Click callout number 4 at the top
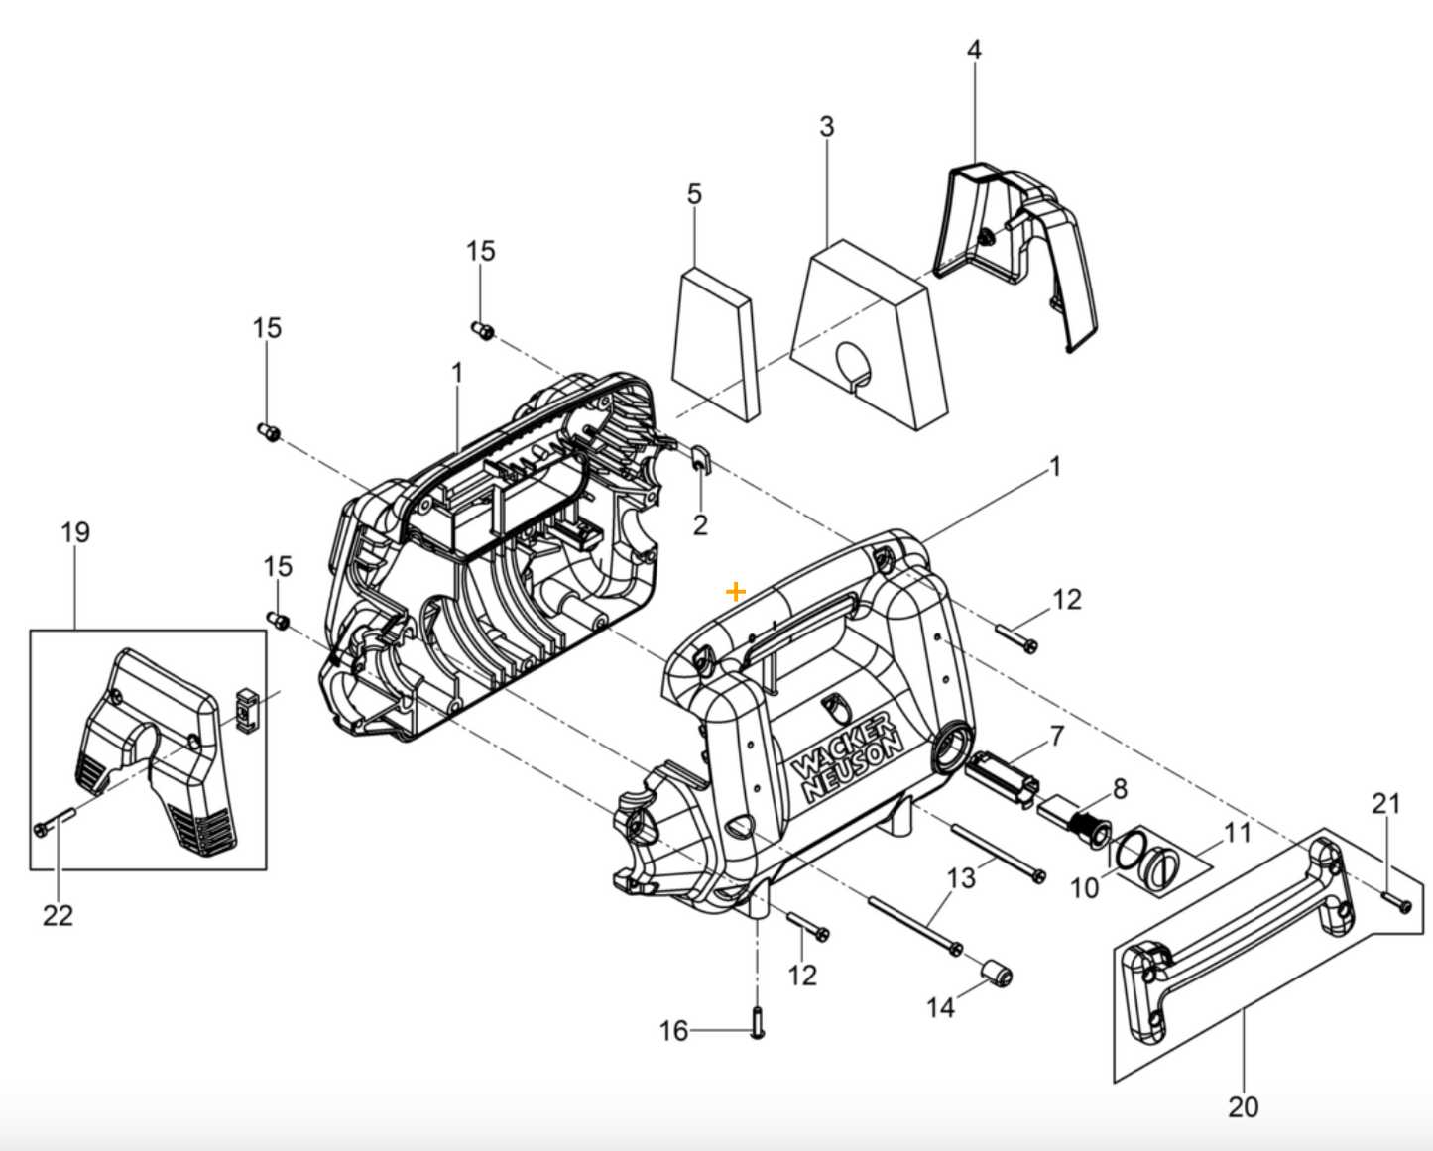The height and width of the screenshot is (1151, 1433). (974, 50)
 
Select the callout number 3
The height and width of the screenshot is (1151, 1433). (826, 127)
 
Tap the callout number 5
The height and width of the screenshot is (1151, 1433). (694, 194)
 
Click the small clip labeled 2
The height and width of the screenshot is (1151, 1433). (699, 460)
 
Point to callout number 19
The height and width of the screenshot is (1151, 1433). (75, 532)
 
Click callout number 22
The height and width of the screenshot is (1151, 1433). (58, 915)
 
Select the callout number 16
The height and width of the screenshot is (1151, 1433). (673, 1031)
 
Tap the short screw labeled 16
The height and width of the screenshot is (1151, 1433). (758, 1021)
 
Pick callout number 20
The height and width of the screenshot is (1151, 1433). (1243, 1106)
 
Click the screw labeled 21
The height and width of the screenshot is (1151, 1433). (1396, 902)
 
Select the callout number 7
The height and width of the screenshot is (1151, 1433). (1057, 736)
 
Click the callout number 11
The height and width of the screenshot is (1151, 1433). (1237, 832)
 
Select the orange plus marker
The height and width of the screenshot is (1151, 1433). (735, 592)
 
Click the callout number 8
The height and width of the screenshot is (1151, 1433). (1120, 789)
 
